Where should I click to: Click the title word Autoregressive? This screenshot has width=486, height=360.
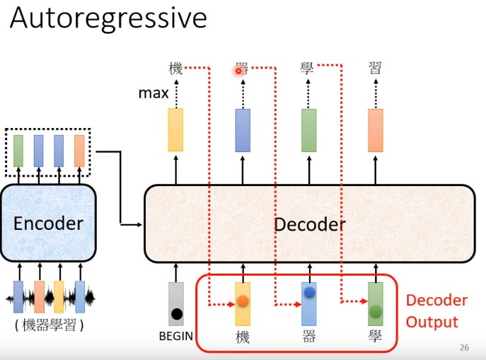click(108, 18)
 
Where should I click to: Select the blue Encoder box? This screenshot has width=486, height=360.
click(48, 223)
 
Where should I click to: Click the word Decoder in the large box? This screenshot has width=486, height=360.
click(309, 224)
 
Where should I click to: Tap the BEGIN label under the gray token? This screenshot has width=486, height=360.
click(176, 336)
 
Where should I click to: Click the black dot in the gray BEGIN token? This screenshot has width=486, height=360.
click(176, 313)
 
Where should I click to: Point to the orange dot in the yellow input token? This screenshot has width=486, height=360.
click(243, 301)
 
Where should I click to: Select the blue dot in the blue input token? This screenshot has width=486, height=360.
click(309, 292)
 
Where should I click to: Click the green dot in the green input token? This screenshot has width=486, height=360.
click(376, 310)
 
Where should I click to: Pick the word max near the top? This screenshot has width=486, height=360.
click(154, 93)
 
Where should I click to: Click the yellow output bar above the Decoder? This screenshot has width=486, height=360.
click(175, 130)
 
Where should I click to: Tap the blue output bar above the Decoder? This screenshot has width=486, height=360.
click(243, 130)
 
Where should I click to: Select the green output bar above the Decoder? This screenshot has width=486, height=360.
click(308, 130)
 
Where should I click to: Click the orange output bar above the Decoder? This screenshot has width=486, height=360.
click(376, 130)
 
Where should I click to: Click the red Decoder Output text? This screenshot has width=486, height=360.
click(436, 311)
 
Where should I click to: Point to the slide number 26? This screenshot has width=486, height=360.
click(464, 348)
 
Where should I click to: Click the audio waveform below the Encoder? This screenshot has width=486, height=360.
click(50, 298)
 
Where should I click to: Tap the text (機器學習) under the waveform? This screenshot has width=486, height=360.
click(49, 326)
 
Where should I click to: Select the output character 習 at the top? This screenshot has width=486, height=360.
click(376, 68)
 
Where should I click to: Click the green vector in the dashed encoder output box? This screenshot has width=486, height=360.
click(18, 151)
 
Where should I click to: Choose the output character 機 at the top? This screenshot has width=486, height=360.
click(175, 69)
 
